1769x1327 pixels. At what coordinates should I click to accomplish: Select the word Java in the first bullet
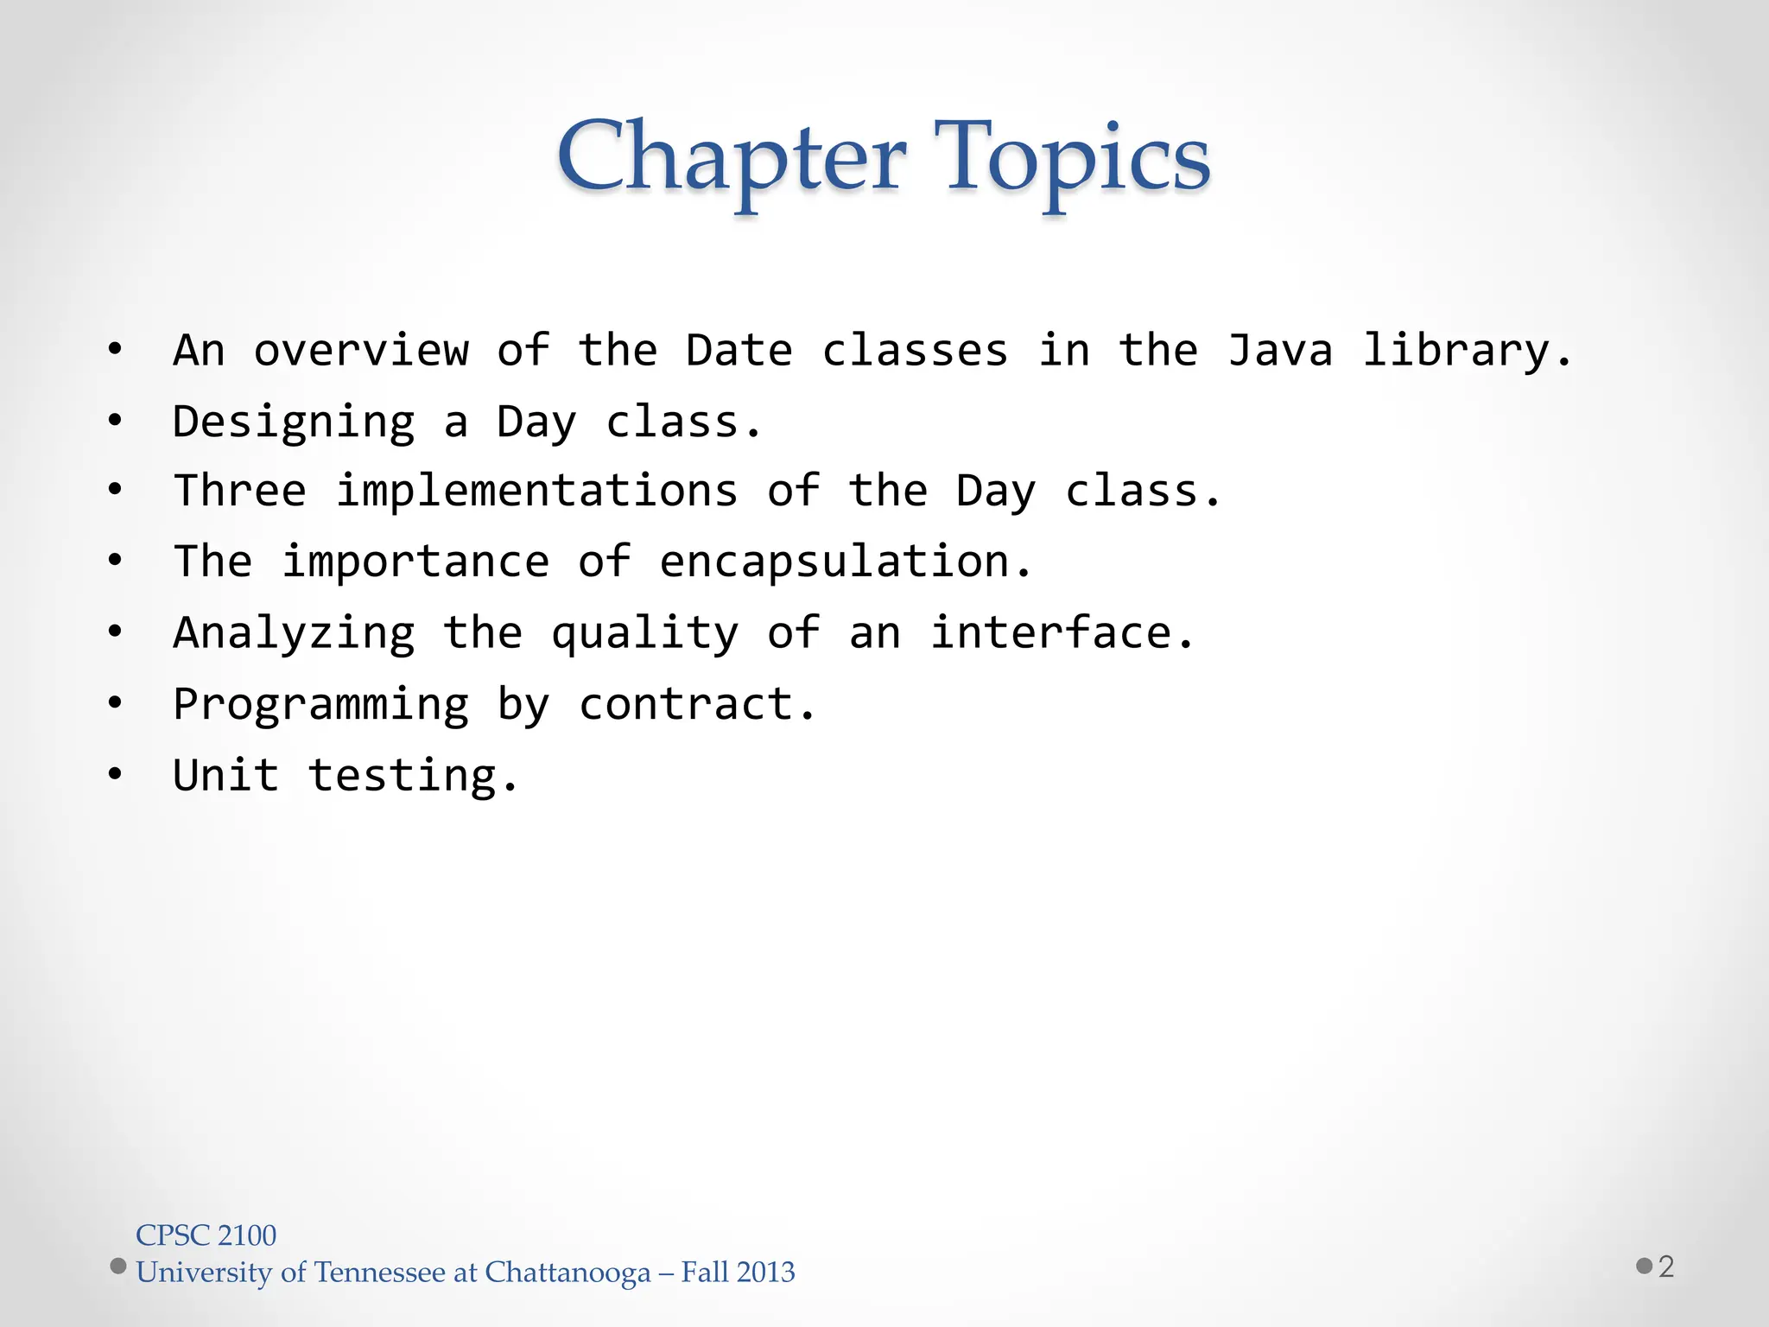click(x=1280, y=351)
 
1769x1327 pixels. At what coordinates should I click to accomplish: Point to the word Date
click(x=739, y=351)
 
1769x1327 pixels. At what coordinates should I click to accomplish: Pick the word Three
click(x=240, y=491)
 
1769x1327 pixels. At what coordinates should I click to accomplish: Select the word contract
click(x=696, y=704)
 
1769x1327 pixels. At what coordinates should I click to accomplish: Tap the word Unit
click(x=226, y=775)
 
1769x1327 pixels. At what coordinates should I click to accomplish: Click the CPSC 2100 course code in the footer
click(x=206, y=1235)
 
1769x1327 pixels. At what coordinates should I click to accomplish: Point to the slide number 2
click(x=1666, y=1267)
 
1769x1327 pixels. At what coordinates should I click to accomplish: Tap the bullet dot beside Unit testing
click(x=115, y=775)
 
